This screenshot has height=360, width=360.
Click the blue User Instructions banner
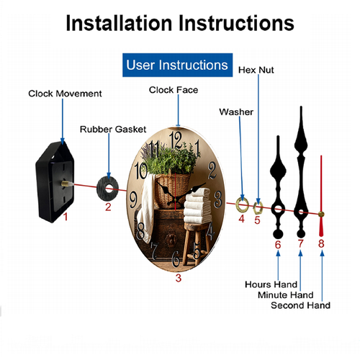coord(177,65)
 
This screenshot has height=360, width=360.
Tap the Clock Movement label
coord(65,94)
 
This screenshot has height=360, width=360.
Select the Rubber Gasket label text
coord(113,130)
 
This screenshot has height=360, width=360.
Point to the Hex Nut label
coord(256,70)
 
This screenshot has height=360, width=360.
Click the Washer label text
coord(236,112)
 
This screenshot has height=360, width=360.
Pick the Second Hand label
coord(300,305)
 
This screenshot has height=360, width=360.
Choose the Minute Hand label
coord(286,295)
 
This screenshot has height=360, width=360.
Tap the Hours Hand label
coord(271,284)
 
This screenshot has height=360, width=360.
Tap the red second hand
coord(321,196)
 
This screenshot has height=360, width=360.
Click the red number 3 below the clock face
coord(179,278)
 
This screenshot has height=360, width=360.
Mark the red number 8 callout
coord(321,243)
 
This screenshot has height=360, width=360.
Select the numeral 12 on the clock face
coord(176,140)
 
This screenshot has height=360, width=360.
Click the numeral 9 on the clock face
coord(133,199)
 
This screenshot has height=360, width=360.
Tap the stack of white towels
coord(197,206)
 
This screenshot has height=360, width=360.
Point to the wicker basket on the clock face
coord(172,190)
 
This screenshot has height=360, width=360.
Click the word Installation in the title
coord(119,23)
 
